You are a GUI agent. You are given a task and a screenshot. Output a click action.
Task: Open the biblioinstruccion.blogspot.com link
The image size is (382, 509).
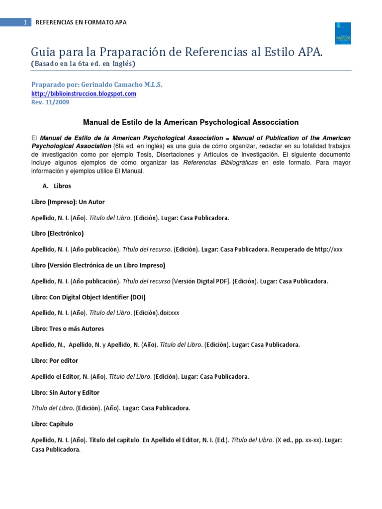pos(84,93)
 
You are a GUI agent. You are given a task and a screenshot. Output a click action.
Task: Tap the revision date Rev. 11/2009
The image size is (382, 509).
pos(50,102)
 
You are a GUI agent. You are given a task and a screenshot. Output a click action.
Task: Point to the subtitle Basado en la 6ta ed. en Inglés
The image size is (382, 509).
pos(83,64)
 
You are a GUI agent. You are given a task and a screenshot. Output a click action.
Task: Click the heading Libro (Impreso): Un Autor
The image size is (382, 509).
pos(68,202)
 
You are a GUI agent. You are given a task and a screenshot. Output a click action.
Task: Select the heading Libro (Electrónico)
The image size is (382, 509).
pos(57,233)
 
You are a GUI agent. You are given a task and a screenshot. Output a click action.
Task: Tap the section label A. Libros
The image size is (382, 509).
pos(57,186)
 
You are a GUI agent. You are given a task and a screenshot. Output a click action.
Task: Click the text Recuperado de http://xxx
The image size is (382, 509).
pos(307,249)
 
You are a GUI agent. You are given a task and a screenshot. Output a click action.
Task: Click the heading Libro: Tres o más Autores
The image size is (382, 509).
pos(68,329)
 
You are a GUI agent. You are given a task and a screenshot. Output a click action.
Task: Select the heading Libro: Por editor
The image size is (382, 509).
pos(55,360)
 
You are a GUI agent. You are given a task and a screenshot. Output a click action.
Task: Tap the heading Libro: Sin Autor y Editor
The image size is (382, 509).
pos(65,392)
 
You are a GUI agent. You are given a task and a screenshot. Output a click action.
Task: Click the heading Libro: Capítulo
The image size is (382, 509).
pos(52,424)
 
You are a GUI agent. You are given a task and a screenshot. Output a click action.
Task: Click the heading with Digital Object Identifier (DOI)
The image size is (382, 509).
pos(89,297)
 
